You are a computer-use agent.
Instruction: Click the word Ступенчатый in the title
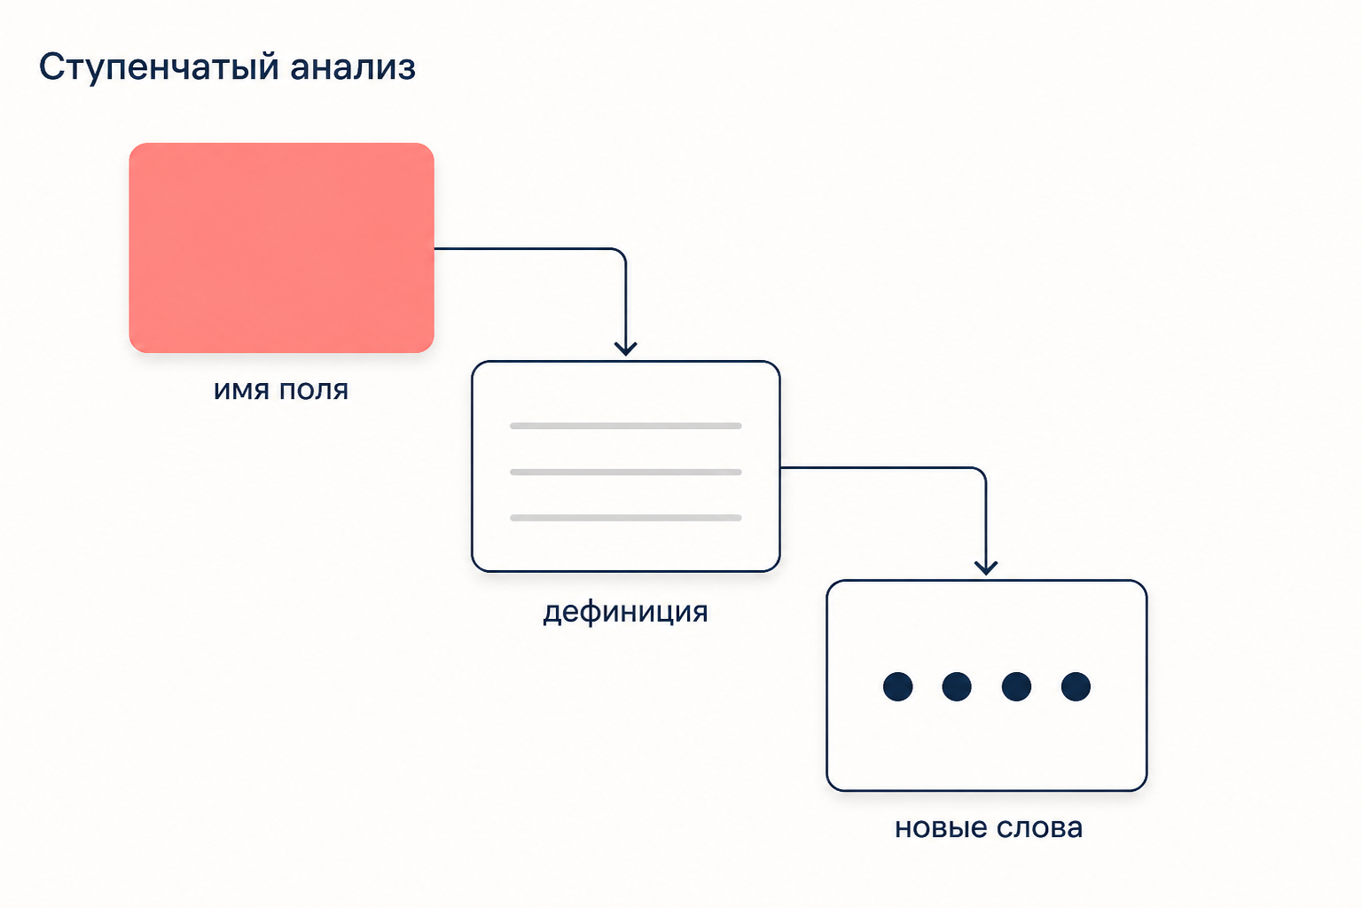click(160, 67)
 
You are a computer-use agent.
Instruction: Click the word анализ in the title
click(353, 67)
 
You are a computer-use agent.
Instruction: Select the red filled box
click(281, 247)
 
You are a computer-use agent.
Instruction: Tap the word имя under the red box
click(241, 390)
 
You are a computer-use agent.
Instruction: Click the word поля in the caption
click(314, 390)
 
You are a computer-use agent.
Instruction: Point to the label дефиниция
click(626, 611)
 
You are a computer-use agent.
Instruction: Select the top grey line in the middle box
click(626, 426)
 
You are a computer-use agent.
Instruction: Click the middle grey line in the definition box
click(626, 472)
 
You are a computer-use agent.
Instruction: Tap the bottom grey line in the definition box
click(626, 518)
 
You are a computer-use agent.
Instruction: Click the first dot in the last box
click(897, 686)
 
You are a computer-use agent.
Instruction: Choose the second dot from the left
click(957, 686)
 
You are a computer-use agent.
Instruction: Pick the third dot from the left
click(1016, 686)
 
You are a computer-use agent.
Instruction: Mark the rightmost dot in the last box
click(1076, 686)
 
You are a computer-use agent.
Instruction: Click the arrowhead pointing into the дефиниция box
click(626, 349)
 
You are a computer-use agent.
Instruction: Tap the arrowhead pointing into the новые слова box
click(986, 568)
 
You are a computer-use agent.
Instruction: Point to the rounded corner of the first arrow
click(620, 254)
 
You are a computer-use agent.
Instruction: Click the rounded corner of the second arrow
click(980, 473)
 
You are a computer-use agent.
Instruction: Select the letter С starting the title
click(51, 67)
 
